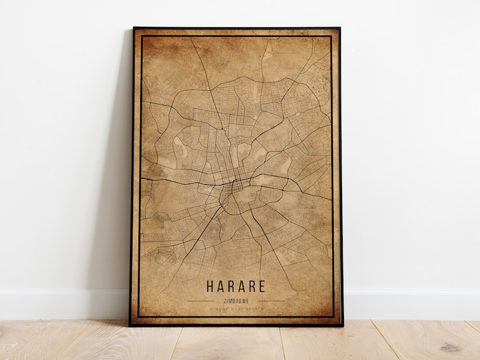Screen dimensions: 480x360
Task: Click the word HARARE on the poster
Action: pyautogui.click(x=235, y=286)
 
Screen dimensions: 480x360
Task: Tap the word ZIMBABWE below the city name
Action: pyautogui.click(x=235, y=300)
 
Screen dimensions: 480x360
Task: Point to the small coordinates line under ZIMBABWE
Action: pyautogui.click(x=235, y=309)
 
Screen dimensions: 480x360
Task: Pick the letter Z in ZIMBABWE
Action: pyautogui.click(x=224, y=300)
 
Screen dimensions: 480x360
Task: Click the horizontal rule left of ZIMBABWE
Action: pyautogui.click(x=201, y=300)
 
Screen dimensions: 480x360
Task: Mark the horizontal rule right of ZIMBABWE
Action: pyautogui.click(x=270, y=300)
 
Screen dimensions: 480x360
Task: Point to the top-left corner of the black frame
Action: pyautogui.click(x=134, y=28)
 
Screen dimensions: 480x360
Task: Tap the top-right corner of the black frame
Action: pyautogui.click(x=339, y=28)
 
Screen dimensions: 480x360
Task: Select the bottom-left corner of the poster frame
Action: pyautogui.click(x=131, y=325)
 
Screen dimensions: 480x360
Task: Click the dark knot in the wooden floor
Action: pyautogui.click(x=450, y=347)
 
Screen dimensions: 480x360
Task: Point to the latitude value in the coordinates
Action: pyautogui.click(x=221, y=309)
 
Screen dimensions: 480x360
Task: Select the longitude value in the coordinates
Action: pyautogui.click(x=250, y=309)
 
